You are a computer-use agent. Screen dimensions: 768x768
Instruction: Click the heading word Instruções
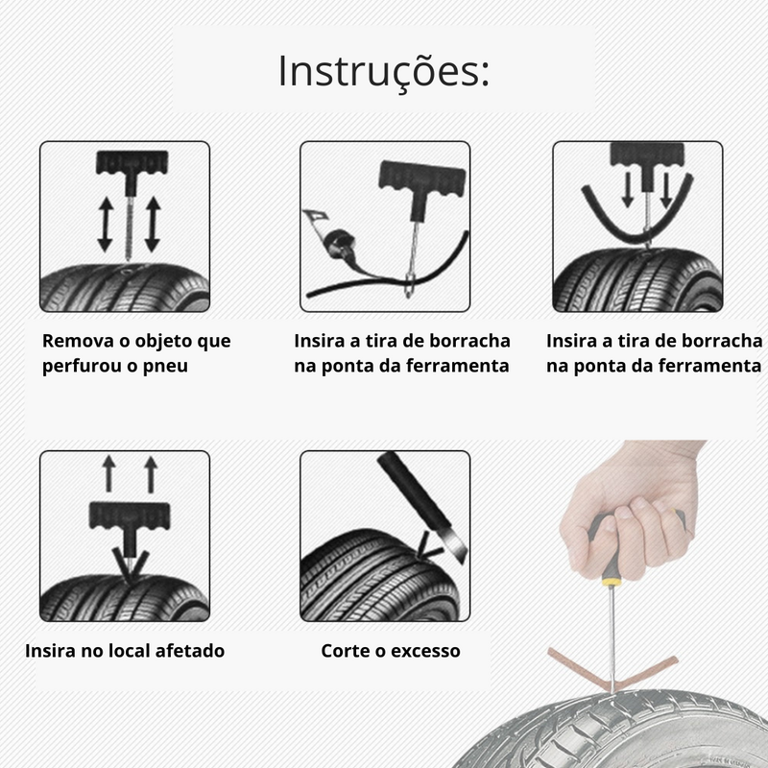coord(384,72)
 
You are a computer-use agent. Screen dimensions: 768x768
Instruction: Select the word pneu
coord(166,366)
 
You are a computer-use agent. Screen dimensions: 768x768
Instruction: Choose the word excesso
coord(424,651)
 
